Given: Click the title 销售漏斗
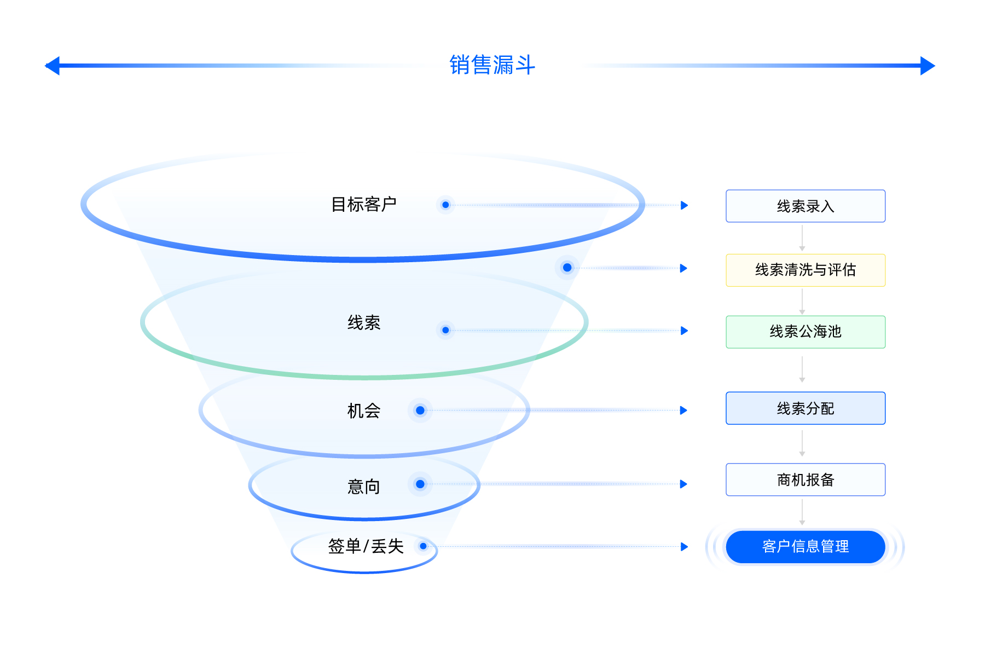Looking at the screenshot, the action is [492, 65].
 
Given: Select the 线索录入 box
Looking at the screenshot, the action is [806, 206].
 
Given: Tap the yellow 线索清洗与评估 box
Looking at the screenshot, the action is [806, 270].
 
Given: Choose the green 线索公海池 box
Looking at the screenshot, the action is [806, 332].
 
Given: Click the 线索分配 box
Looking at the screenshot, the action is [806, 408].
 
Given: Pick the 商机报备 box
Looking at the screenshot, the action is [806, 479].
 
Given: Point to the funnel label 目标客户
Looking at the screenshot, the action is [364, 204].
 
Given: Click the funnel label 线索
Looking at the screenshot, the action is [364, 322].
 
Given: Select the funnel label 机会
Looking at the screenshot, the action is [364, 410].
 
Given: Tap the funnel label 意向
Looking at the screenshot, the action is [364, 486].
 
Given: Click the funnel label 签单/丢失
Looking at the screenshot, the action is [366, 546].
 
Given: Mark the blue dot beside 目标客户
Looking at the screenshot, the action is [445, 205].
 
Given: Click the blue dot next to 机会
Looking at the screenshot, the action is [420, 410].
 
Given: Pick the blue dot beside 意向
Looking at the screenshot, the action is [420, 484].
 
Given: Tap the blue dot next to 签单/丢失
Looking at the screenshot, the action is [423, 546].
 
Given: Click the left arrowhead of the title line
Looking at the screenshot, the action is [52, 66].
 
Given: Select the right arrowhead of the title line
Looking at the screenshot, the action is [928, 66].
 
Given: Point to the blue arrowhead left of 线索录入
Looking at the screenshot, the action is [685, 205].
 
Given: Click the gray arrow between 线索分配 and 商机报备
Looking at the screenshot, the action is [802, 443].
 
